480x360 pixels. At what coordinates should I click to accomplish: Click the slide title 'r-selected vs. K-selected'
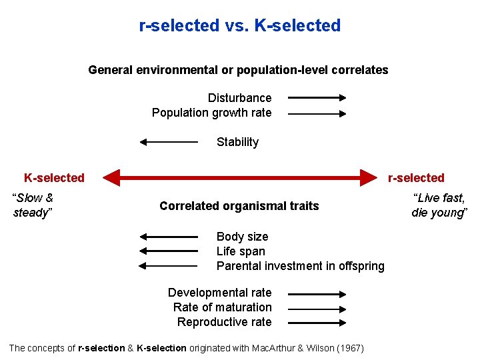point(239,26)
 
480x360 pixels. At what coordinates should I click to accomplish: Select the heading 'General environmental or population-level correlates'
point(238,70)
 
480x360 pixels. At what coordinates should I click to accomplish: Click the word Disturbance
point(239,98)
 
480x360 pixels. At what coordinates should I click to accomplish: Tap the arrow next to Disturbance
point(317,98)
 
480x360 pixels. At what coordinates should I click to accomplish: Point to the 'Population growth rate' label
point(211,113)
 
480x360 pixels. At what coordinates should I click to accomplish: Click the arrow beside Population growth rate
point(317,114)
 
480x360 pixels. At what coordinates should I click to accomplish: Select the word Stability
point(237,142)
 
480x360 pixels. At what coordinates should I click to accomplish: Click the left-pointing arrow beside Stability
point(169,142)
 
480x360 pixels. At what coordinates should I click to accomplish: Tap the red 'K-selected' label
point(54,178)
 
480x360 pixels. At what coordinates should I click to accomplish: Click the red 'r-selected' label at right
point(416,178)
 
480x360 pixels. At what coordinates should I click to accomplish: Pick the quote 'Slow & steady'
point(33,205)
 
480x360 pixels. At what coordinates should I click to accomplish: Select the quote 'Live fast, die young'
point(439,205)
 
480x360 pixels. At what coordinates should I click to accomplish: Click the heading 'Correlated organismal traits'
point(239,206)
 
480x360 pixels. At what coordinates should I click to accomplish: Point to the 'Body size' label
point(242,237)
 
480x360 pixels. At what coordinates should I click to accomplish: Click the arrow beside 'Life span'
point(169,251)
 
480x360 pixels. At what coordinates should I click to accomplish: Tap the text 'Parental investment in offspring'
point(300,266)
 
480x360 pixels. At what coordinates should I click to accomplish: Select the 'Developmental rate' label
point(219,293)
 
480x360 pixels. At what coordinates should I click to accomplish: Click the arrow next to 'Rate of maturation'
point(317,309)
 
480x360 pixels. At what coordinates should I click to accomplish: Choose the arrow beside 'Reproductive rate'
point(317,323)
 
